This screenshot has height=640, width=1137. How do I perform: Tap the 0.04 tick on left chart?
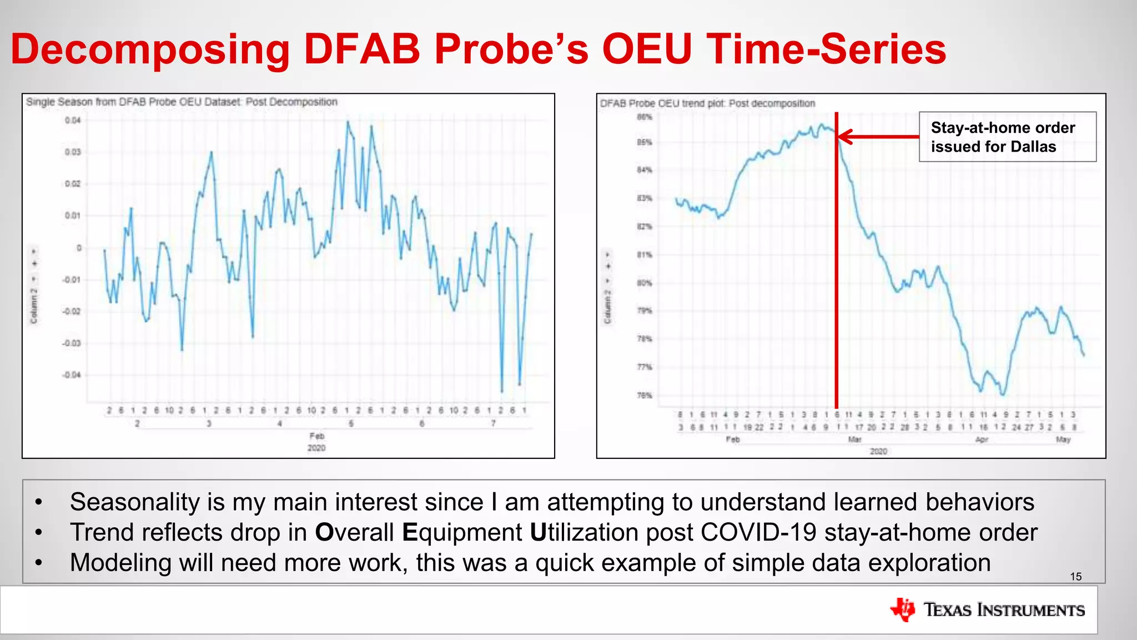(73, 121)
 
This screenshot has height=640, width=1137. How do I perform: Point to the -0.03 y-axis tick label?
(71, 343)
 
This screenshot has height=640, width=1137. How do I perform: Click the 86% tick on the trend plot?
(645, 117)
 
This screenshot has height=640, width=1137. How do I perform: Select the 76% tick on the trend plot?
(645, 396)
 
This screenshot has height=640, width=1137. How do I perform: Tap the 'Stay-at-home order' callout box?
(1007, 137)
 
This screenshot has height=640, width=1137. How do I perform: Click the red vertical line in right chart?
(837, 278)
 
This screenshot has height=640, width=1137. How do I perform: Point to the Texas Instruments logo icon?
(903, 609)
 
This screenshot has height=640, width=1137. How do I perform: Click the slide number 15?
(1075, 577)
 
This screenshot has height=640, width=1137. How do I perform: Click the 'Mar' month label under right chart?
(854, 439)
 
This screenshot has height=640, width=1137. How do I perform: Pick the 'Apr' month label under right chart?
(982, 439)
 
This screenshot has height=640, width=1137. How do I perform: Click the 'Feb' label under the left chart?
(317, 436)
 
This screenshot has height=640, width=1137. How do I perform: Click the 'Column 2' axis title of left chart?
(34, 306)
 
